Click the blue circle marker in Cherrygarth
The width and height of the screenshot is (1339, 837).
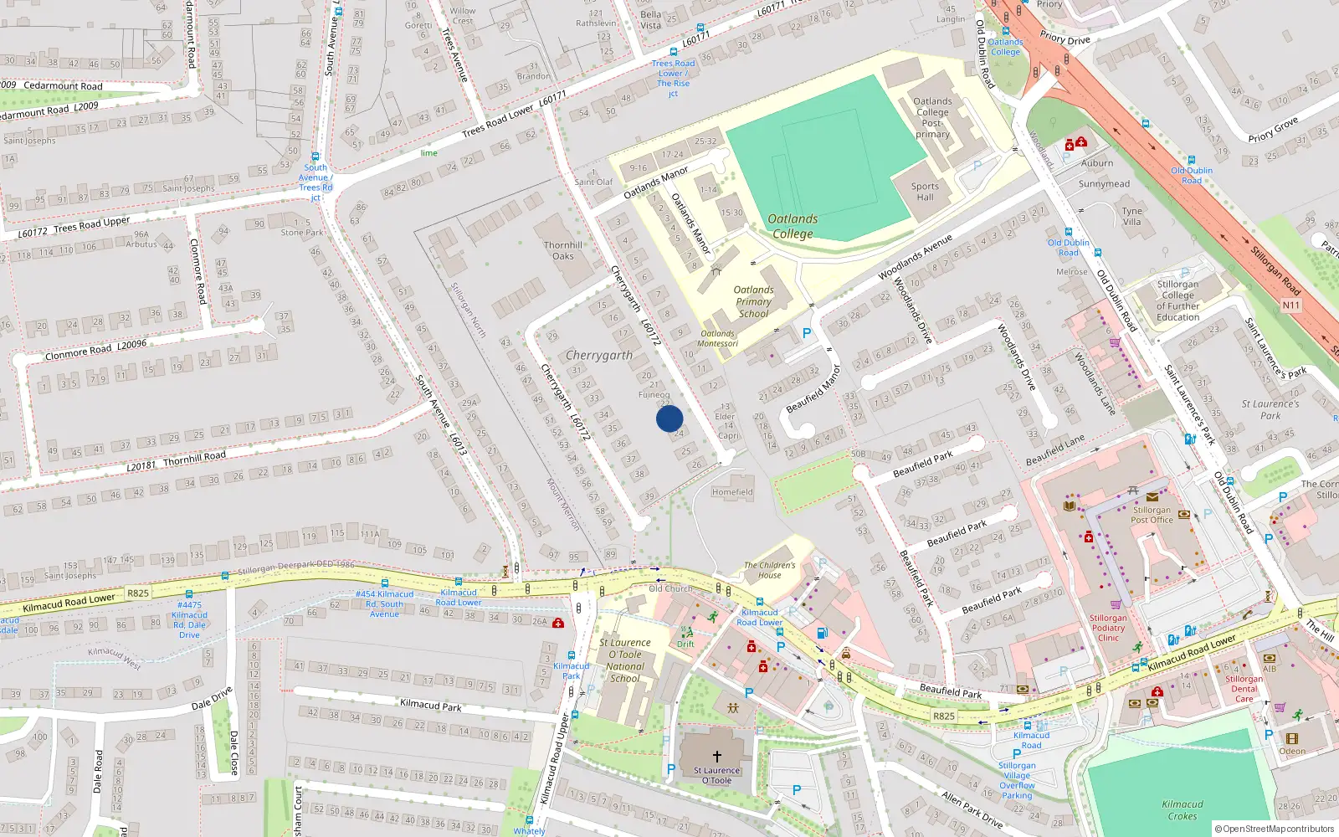(x=669, y=418)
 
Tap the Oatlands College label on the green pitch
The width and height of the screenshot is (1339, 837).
(x=793, y=226)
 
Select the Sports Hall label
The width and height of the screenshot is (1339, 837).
(x=925, y=192)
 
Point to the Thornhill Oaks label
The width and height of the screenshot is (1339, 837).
(x=563, y=250)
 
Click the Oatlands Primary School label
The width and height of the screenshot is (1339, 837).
(x=753, y=301)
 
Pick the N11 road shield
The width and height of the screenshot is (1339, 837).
(x=1291, y=306)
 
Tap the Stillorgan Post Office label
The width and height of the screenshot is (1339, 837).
(x=1152, y=515)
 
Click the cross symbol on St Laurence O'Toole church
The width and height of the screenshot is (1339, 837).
(x=716, y=757)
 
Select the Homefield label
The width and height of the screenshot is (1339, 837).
(x=732, y=492)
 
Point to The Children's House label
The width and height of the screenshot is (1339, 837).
(x=770, y=570)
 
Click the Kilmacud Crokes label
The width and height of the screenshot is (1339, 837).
(x=1183, y=810)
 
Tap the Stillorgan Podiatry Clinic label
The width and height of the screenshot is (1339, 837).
(x=1108, y=628)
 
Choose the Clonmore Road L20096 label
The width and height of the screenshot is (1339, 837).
(x=95, y=350)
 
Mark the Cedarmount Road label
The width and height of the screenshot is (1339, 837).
(x=63, y=86)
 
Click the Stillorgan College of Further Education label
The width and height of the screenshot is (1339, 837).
(x=1177, y=300)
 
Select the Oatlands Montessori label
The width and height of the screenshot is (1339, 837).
(x=718, y=338)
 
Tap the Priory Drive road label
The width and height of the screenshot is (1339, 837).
(x=1065, y=39)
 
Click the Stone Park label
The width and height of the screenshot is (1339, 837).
(x=302, y=233)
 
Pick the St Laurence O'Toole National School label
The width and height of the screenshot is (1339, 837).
(x=625, y=660)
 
